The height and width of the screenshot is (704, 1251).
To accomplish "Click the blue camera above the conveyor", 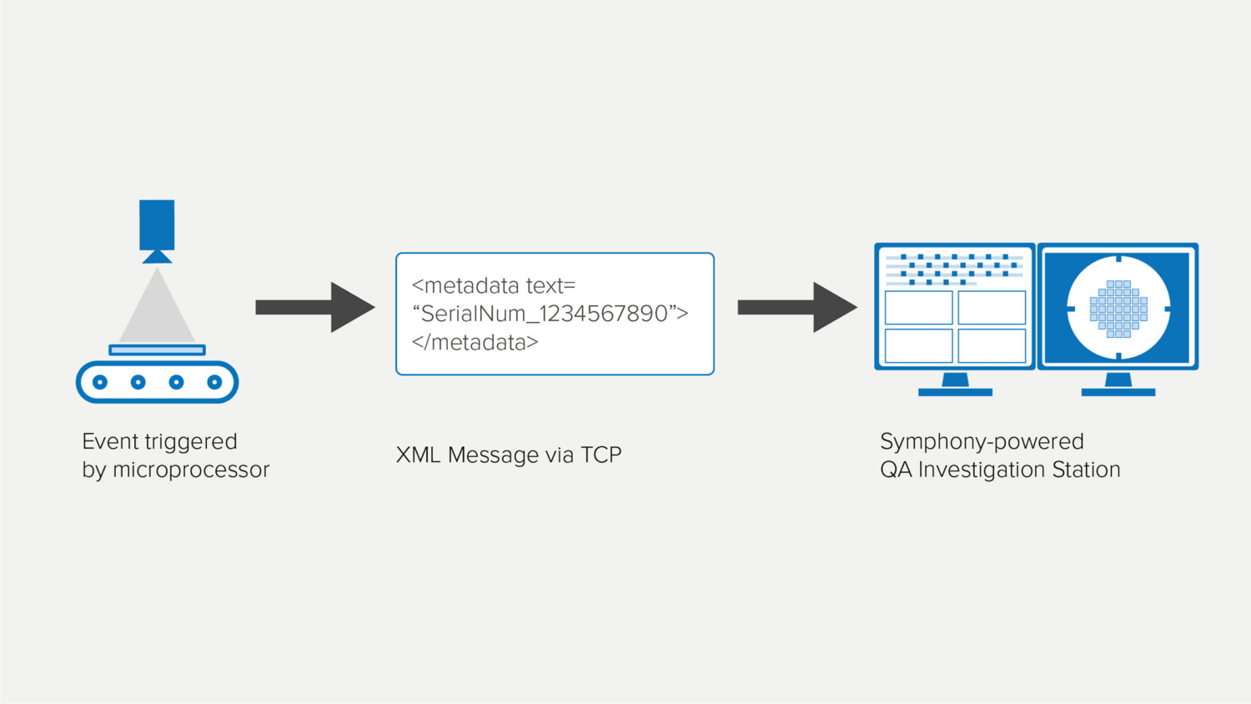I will tap(157, 225).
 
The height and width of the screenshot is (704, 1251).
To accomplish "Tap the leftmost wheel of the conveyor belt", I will tap(100, 382).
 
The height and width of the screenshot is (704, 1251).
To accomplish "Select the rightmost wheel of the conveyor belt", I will tap(214, 382).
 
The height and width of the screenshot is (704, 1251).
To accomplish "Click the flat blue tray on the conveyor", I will tap(157, 350).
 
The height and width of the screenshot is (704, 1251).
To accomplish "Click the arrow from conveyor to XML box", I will tap(314, 307).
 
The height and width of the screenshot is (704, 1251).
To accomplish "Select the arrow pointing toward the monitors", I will tap(796, 307).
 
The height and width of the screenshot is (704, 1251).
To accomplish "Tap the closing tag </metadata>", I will tap(475, 342).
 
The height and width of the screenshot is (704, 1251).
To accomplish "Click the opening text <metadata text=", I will tap(494, 285).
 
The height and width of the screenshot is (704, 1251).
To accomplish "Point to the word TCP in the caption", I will tap(600, 455).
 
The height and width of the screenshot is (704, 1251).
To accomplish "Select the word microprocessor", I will tap(191, 470).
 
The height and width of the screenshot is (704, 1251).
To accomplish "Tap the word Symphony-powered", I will tap(982, 441).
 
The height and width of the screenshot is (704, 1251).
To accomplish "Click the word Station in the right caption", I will tap(1086, 470).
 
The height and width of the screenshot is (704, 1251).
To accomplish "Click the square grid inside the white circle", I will tap(1118, 309).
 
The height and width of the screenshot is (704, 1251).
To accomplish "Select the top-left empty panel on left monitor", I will tap(918, 308).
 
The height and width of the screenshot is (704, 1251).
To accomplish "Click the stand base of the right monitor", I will tap(1118, 391).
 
